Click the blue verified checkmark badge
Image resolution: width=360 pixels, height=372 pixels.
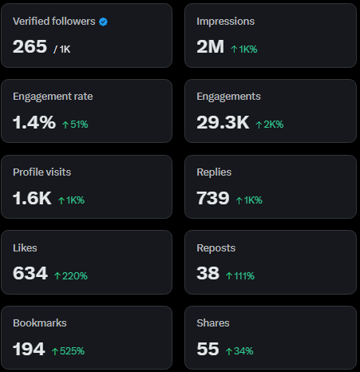104,21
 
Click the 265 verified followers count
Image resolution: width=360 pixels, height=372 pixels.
30,46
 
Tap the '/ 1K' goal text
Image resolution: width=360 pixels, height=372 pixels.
62,49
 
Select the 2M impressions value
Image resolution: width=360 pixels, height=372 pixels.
210,46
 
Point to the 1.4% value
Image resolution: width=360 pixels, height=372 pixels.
34,122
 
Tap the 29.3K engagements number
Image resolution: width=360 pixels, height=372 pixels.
223,122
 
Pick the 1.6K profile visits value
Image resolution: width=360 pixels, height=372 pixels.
32,198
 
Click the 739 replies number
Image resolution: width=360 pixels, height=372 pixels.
213,198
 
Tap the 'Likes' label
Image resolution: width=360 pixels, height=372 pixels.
25,248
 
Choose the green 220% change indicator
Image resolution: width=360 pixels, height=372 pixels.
70,276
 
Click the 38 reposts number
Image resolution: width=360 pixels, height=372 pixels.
208,274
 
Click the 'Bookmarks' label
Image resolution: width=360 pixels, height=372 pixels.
39,323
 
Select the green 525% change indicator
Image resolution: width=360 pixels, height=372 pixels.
69,351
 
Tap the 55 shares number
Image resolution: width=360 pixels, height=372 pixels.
208,349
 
